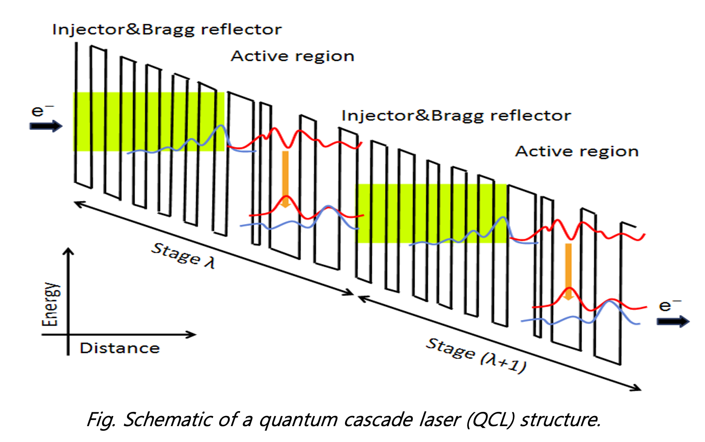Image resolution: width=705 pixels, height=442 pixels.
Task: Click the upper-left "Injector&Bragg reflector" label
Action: [167, 30]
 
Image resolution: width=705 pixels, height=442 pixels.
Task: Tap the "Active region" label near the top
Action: [292, 56]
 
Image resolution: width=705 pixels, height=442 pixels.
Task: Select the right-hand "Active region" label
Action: [577, 151]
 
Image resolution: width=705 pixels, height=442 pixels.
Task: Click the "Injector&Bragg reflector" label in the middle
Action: [456, 116]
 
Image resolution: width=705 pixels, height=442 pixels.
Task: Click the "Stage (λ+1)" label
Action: [476, 355]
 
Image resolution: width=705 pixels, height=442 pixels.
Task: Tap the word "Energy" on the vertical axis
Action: [50, 304]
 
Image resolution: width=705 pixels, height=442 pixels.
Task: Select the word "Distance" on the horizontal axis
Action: [120, 348]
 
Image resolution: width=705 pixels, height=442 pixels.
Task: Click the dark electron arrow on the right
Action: [673, 321]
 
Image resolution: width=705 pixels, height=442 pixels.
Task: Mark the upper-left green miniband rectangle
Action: [148, 122]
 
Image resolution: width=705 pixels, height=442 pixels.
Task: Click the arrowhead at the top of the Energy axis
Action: [68, 251]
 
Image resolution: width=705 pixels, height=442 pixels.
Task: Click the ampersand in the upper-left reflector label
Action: [132, 30]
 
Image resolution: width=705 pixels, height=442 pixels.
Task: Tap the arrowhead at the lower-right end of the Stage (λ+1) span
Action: [636, 388]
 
